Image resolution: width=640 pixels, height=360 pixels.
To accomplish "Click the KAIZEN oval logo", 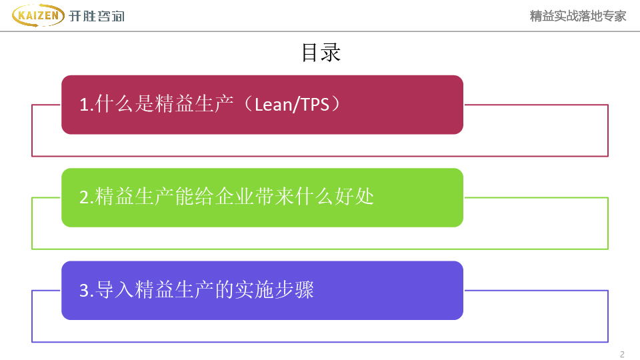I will pyautogui.click(x=38, y=15).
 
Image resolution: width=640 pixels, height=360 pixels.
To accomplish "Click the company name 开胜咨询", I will pyautogui.click(x=97, y=16).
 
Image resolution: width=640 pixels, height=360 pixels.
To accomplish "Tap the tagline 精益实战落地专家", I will pyautogui.click(x=578, y=16).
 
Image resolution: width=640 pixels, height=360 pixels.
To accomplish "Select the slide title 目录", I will pyautogui.click(x=321, y=53).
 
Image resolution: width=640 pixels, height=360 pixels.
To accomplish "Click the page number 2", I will pyautogui.click(x=622, y=354).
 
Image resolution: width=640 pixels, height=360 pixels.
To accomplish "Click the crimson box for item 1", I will pyautogui.click(x=262, y=105).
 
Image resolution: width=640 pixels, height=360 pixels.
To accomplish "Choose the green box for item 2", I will pyautogui.click(x=262, y=197).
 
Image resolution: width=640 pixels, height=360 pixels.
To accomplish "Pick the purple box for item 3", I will pyautogui.click(x=262, y=290).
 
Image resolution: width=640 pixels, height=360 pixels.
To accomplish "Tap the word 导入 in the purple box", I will pyautogui.click(x=115, y=290).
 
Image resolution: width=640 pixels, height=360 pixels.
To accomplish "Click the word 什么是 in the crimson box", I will pyautogui.click(x=125, y=104).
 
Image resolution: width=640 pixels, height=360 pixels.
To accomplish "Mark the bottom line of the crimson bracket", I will pyautogui.click(x=320, y=157).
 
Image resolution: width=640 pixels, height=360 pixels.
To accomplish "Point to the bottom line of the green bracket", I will pyautogui.click(x=320, y=249).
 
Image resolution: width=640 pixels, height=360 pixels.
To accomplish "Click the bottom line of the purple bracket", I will pyautogui.click(x=320, y=342).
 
